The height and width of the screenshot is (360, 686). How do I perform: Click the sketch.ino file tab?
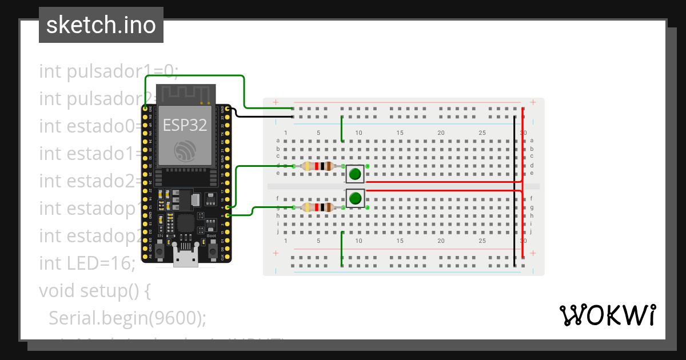pos(101,25)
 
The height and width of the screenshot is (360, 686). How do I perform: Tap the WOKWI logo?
pos(607,315)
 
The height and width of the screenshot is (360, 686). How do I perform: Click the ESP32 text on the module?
pos(185,125)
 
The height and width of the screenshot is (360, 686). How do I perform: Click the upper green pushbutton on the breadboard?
pos(355,174)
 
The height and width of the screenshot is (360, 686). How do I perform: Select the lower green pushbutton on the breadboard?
pos(355,198)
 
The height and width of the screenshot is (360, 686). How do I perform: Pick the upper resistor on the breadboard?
pos(318,166)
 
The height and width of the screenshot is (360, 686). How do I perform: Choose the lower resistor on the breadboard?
pos(318,207)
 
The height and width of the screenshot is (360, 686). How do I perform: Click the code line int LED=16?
pos(87,263)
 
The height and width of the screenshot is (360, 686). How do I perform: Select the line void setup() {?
pos(94,291)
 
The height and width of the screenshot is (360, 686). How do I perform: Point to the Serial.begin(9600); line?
pos(127,318)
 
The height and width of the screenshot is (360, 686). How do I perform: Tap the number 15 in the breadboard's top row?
pos(400,133)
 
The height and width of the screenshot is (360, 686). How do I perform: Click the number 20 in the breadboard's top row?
pos(441,133)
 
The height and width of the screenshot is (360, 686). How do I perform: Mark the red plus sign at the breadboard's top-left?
pos(276,103)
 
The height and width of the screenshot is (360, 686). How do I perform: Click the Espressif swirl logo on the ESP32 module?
pos(185,149)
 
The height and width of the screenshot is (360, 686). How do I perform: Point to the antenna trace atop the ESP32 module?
pos(185,93)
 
